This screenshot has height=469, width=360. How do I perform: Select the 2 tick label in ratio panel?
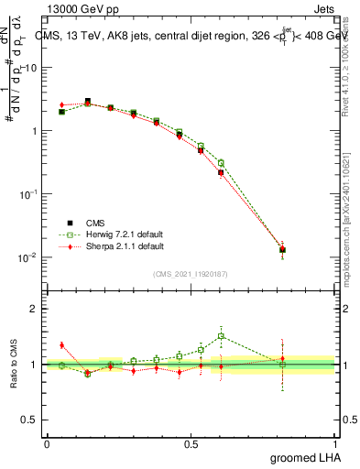click(36, 310)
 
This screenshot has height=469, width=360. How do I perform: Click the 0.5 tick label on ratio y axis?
click(31, 420)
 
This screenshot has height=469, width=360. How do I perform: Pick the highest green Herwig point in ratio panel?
click(221, 336)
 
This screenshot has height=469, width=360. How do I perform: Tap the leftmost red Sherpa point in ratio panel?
click(61, 345)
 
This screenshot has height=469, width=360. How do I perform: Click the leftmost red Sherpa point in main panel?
click(61, 104)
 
